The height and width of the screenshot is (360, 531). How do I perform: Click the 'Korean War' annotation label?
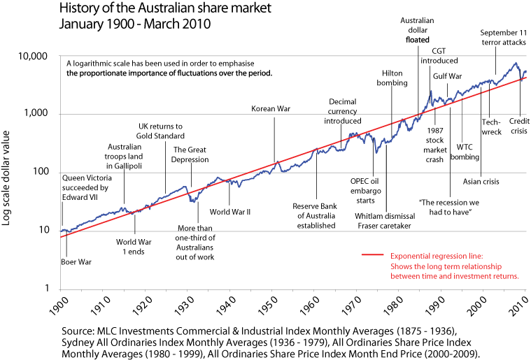pos(271,108)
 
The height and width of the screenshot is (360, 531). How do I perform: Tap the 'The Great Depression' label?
pos(190,154)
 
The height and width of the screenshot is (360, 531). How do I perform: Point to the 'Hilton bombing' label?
pos(395,78)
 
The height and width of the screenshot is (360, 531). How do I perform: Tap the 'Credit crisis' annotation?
pos(518,127)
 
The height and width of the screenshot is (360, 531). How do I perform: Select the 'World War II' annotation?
pos(230,211)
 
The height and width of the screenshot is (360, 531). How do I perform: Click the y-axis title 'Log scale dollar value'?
pos(9,171)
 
